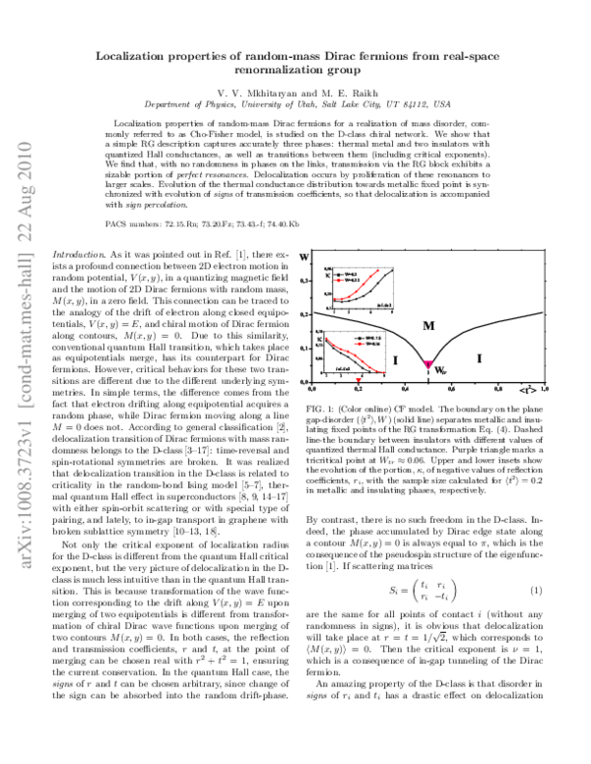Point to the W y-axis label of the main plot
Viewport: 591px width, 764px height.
tap(316, 260)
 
